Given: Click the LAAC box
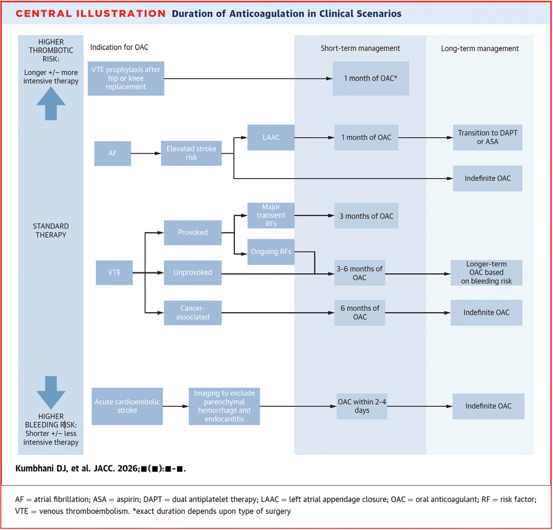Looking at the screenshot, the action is click(271, 137).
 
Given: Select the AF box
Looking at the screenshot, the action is click(112, 154).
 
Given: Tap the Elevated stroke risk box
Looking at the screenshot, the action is click(191, 153).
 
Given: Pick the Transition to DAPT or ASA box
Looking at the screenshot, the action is click(487, 137).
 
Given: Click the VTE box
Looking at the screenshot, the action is click(114, 272).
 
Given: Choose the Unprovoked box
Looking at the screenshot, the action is click(192, 272).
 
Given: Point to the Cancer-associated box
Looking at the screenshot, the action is click(192, 313).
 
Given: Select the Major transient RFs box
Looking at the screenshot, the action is click(271, 215).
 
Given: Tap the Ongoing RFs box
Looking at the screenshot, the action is click(271, 252).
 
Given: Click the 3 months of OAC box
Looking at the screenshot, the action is click(366, 216).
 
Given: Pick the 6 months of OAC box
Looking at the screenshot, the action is click(360, 313).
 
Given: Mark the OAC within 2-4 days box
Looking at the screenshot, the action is click(362, 406).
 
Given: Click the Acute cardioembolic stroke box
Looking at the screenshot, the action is click(127, 406).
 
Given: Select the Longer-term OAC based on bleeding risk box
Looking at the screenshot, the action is click(486, 273).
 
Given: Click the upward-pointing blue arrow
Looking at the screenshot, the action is click(51, 104).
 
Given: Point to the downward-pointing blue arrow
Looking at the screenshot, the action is click(51, 392).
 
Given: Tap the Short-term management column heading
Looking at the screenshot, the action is click(360, 48).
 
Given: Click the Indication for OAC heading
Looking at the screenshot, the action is click(119, 47).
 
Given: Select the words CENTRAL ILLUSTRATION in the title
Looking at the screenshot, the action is click(91, 14).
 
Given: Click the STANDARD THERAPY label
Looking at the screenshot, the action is click(51, 230).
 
